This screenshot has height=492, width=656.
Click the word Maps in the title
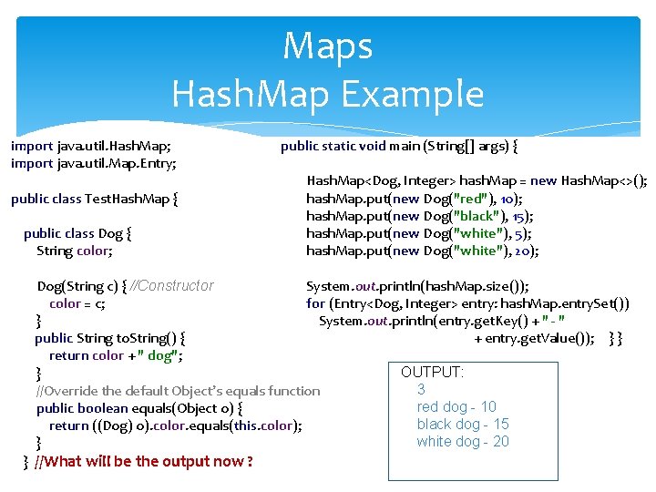click(x=327, y=46)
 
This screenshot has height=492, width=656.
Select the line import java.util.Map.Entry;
click(x=93, y=163)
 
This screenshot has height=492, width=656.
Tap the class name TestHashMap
click(x=127, y=198)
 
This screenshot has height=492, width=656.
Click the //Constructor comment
click(x=172, y=285)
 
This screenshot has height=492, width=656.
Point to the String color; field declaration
click(x=74, y=251)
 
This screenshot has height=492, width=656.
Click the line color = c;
click(x=77, y=303)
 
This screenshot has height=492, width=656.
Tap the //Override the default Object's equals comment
click(x=178, y=391)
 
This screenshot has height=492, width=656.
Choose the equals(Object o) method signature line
click(x=138, y=408)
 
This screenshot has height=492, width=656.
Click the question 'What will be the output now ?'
click(x=143, y=461)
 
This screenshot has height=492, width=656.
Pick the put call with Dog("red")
click(x=414, y=198)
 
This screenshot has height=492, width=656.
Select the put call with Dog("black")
click(x=419, y=216)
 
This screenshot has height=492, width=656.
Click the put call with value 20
click(x=422, y=251)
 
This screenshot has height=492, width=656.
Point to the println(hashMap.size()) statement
click(x=417, y=285)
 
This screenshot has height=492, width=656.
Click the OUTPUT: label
click(x=432, y=372)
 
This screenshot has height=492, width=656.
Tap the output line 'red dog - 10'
click(x=456, y=406)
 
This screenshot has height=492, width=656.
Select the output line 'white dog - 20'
click(x=463, y=441)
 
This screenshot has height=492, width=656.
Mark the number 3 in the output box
click(x=421, y=389)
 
